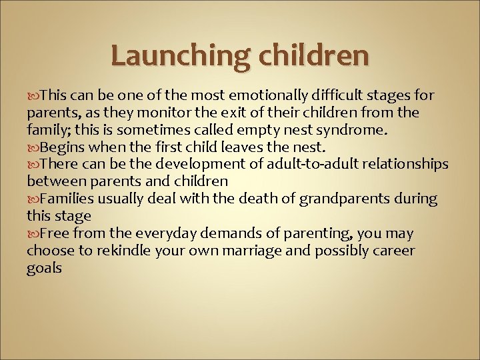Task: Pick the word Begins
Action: click(61, 147)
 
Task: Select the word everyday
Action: click(161, 233)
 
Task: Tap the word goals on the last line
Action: click(44, 268)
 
